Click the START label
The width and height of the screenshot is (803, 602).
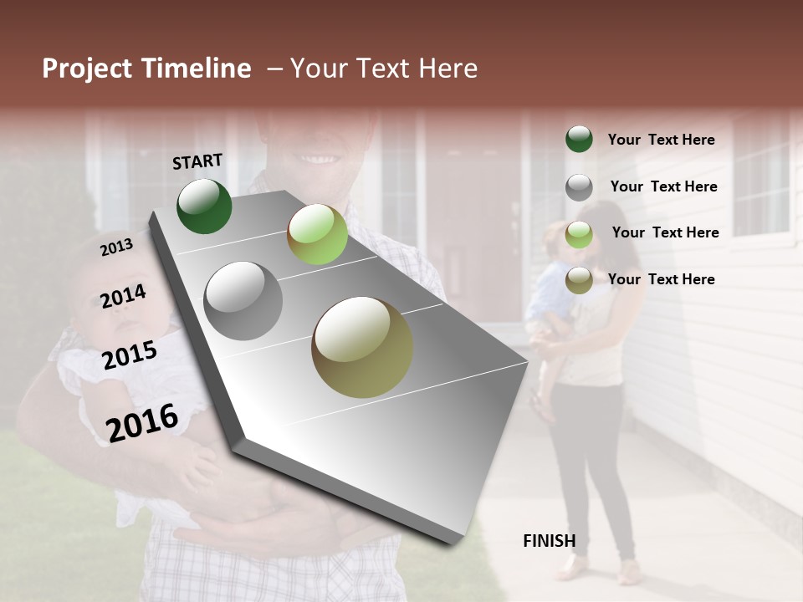click(197, 161)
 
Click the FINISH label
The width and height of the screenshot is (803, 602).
click(549, 541)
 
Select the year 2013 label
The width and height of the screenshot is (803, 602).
click(116, 247)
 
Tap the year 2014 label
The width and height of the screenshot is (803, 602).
click(123, 297)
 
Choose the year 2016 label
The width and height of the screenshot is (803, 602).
click(142, 422)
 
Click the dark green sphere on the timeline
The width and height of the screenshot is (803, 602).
click(204, 206)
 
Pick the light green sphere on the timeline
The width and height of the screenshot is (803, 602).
click(317, 234)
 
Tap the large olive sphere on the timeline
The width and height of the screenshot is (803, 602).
click(362, 346)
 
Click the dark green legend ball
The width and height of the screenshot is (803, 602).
click(579, 139)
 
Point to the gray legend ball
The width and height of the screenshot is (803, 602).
click(579, 186)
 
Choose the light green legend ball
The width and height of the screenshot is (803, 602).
click(579, 233)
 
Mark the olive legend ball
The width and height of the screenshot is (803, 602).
click(579, 280)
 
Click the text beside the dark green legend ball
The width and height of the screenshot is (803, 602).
click(661, 140)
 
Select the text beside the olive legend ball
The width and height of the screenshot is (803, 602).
click(661, 279)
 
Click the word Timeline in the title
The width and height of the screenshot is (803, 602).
click(196, 69)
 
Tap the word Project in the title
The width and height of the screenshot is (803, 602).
click(87, 69)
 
